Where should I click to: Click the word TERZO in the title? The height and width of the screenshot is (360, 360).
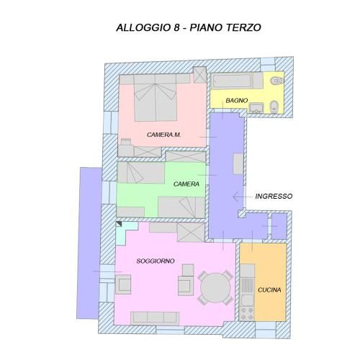point(243,27)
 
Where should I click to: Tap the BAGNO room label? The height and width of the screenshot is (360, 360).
point(237,100)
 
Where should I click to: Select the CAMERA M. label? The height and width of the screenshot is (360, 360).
point(164,135)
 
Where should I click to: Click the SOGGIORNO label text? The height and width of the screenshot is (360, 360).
point(156,261)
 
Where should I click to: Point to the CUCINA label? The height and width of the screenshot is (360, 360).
point(269,290)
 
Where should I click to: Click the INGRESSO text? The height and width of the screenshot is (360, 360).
point(274,197)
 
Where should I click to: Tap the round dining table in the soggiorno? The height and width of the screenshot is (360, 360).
point(215,287)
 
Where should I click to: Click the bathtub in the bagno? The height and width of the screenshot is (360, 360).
point(233,81)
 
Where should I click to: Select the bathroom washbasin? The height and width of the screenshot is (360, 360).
point(256,107)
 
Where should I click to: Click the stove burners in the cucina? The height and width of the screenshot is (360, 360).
point(247,313)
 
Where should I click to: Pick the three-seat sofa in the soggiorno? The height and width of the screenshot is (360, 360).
point(155,318)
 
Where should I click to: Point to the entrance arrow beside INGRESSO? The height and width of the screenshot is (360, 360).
point(243,197)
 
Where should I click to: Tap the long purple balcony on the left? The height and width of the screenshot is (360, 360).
point(89,243)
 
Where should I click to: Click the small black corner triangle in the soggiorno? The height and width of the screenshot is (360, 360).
point(119,224)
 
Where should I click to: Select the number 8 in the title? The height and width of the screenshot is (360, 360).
point(176,27)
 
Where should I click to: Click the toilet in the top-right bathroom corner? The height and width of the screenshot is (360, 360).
point(276,81)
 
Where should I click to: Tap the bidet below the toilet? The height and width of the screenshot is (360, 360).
point(274,107)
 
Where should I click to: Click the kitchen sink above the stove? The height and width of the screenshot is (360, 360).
point(248,300)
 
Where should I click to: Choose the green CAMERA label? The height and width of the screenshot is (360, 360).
point(186,184)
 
